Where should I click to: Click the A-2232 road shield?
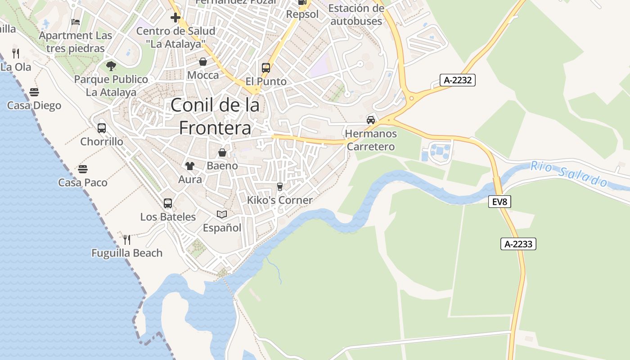pyautogui.click(x=458, y=81)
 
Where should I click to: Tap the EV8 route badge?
pyautogui.click(x=499, y=202)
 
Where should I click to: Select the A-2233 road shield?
pyautogui.click(x=518, y=244)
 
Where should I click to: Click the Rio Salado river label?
pyautogui.click(x=569, y=174)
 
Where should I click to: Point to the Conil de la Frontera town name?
pyautogui.click(x=215, y=117)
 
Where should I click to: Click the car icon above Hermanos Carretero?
pyautogui.click(x=370, y=120)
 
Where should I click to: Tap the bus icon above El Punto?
pyautogui.click(x=266, y=68)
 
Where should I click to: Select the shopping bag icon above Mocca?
pyautogui.click(x=203, y=62)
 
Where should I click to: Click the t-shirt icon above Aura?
pyautogui.click(x=189, y=166)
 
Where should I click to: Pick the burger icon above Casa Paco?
pyautogui.click(x=82, y=169)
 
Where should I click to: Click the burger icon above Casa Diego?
pyautogui.click(x=34, y=92)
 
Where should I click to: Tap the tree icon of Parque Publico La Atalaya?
pyautogui.click(x=111, y=66)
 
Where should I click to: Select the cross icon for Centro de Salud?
pyautogui.click(x=175, y=18)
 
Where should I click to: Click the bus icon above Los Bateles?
pyautogui.click(x=168, y=203)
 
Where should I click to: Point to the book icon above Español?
pyautogui.click(x=222, y=214)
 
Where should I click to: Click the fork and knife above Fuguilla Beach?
pyautogui.click(x=127, y=239)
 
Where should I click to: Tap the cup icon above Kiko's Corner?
pyautogui.click(x=279, y=186)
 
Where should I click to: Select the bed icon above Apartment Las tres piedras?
pyautogui.click(x=76, y=22)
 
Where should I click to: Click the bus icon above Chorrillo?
pyautogui.click(x=102, y=128)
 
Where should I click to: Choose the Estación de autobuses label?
pyautogui.click(x=356, y=14)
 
